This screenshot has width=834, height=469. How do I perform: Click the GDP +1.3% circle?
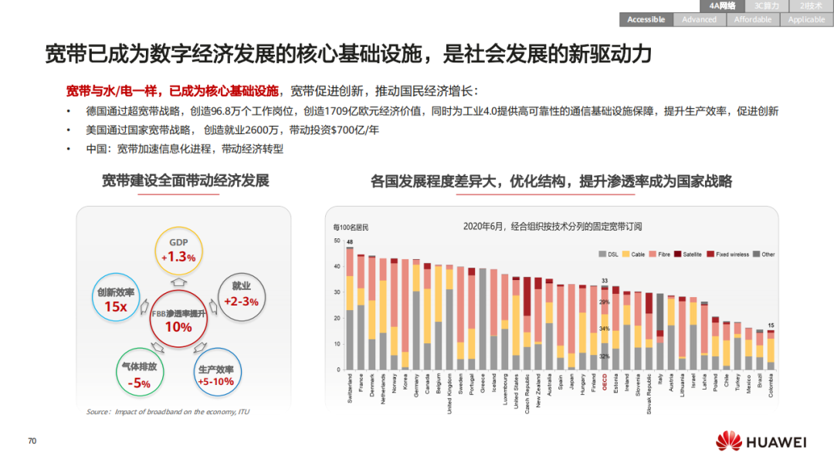coord(178,251)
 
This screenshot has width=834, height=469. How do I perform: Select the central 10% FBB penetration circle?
coord(178,321)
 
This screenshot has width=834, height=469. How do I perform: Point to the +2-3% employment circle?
coord(241,295)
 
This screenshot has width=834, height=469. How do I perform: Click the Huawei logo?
coord(761,442)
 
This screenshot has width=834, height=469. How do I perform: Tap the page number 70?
coord(32,441)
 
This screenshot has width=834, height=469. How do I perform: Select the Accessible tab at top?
coord(646,19)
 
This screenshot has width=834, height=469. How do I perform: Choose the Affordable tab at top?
coord(752,19)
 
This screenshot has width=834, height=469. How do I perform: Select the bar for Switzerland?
coord(350,309)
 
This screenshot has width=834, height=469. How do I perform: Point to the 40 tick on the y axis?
coord(337,267)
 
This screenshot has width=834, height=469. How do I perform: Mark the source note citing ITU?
coord(168,412)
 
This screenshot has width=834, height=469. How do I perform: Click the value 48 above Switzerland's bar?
coord(350,242)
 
